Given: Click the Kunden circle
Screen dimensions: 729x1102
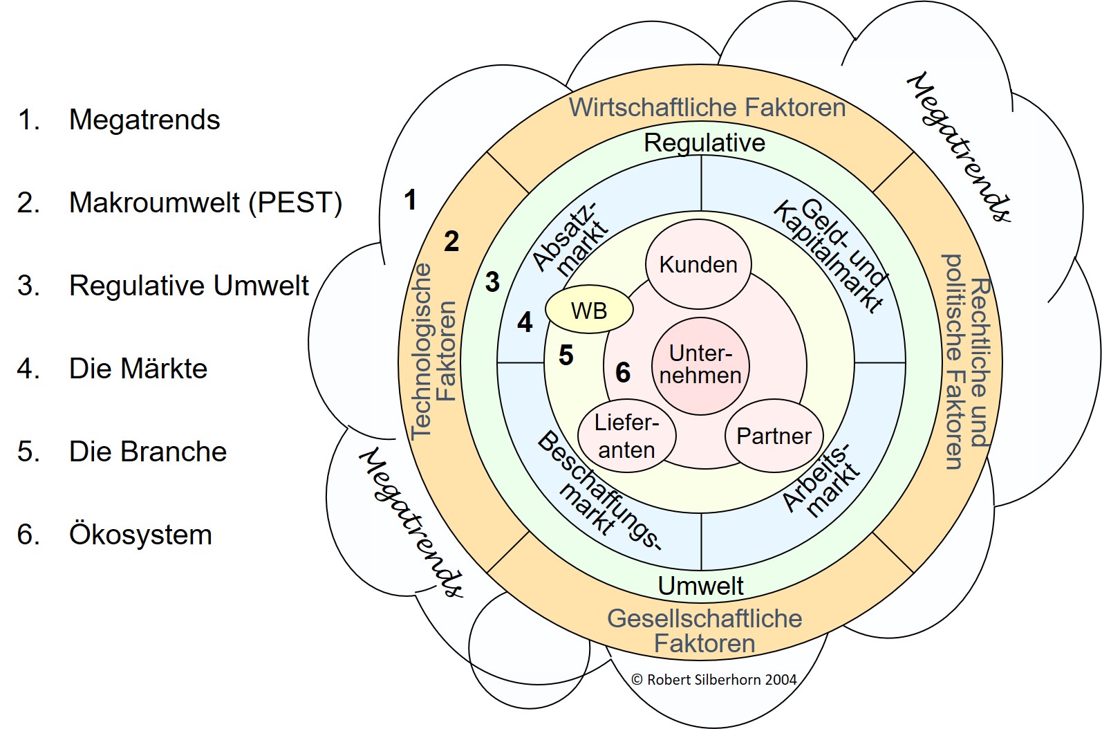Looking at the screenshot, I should pos(698,264).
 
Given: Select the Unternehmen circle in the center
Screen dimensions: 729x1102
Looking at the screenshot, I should pos(700,365).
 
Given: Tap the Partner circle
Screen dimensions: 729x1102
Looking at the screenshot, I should pos(774,436).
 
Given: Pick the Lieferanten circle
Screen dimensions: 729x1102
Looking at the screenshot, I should pos(626,436).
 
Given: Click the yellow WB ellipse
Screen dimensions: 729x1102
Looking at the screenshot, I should pos(589,311).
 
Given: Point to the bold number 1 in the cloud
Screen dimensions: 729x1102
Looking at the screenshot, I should pos(410,200).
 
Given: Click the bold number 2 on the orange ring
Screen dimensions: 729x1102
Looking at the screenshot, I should pos(451,241).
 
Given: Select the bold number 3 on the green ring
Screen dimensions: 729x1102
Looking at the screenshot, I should pos(492,282).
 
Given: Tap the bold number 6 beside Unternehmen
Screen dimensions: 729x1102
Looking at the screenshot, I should pos(623,373).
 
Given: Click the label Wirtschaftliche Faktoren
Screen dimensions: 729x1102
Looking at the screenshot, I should pos(707,108).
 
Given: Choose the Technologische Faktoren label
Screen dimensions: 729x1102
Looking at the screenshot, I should pos(433,351).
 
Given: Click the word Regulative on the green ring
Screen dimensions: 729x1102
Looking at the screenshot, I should pos(704,143).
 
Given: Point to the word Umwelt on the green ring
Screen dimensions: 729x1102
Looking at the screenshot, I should pos(700,586).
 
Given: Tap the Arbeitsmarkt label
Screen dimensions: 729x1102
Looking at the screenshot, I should pos(822,480).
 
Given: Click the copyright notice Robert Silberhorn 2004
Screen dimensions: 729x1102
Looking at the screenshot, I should pos(714,680).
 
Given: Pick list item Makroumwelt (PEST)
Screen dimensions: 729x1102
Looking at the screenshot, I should pos(205,203).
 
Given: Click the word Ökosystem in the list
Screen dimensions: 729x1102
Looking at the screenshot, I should pos(140,535).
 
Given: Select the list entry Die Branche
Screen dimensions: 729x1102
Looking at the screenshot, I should pos(148,452).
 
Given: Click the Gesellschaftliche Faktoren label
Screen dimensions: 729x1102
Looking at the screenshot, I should pos(704,631).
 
